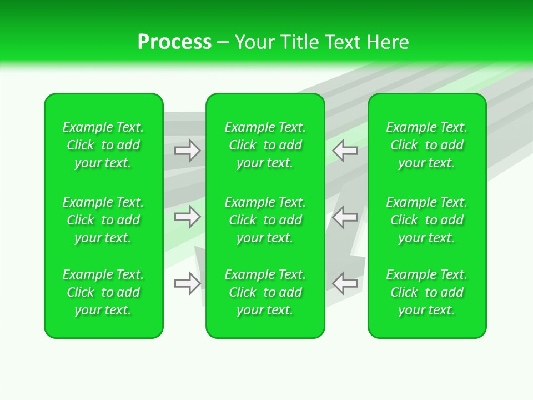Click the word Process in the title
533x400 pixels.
click(x=174, y=42)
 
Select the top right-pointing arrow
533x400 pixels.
click(x=188, y=151)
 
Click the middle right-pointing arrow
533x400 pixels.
click(x=188, y=217)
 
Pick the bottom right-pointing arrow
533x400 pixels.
click(x=188, y=283)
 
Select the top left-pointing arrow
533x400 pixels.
click(x=345, y=151)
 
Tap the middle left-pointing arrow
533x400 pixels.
click(x=345, y=217)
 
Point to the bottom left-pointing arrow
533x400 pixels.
click(x=345, y=283)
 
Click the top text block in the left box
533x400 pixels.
click(x=103, y=145)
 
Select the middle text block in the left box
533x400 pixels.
click(x=103, y=220)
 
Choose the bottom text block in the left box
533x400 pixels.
click(x=103, y=292)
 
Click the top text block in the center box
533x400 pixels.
click(x=265, y=145)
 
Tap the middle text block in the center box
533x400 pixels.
click(x=265, y=220)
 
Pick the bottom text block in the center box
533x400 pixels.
click(x=265, y=292)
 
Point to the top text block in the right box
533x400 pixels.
click(x=427, y=145)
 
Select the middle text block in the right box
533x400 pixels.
click(x=427, y=220)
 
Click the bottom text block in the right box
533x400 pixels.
click(x=427, y=292)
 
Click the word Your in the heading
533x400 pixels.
click(x=254, y=42)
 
